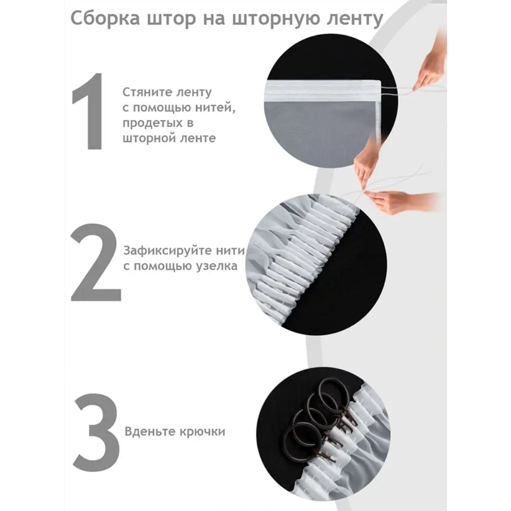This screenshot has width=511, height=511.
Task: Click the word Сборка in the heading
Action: (105, 18)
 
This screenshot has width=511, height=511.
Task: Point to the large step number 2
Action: (96, 263)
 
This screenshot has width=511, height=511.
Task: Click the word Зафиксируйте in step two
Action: (167, 250)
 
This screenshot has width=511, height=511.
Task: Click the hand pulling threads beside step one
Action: (430, 65)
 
